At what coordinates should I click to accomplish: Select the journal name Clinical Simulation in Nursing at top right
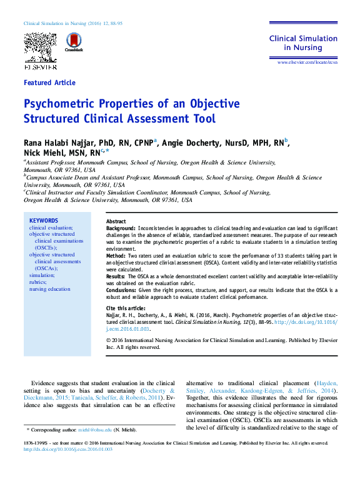304,43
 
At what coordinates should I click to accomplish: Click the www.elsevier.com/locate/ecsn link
307,63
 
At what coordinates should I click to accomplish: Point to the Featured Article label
49,83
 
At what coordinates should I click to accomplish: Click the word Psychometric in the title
62,104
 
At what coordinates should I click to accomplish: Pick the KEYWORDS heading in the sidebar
44,221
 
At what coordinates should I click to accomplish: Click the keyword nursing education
50,289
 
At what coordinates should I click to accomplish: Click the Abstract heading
116,222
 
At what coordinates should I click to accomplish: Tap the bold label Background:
121,229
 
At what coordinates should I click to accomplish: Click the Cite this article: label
129,309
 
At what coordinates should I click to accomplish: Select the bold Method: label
116,256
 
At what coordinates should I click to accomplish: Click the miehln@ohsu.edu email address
95,430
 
